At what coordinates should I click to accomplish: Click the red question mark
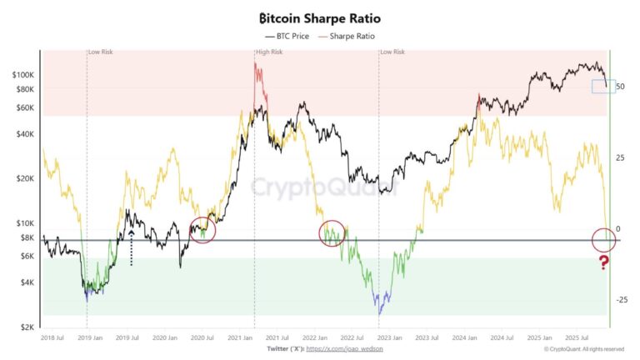coord(604,263)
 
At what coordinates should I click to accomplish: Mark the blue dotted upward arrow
coord(131,247)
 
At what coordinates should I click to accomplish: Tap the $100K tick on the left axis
coord(23,75)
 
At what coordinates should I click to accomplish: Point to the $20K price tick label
coord(25,178)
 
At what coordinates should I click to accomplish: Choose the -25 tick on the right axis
coord(621,300)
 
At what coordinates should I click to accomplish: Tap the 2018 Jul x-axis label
coord(52,338)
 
